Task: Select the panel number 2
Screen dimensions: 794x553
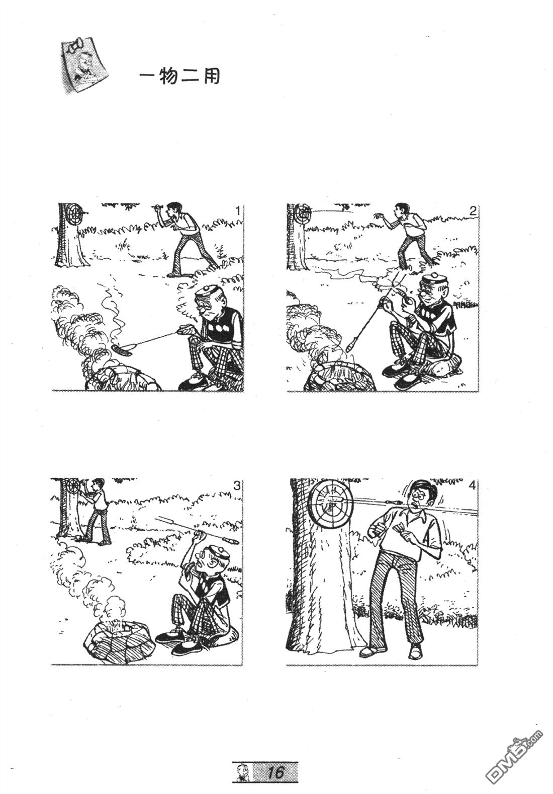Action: point(472,211)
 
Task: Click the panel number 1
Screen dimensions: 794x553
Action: point(238,211)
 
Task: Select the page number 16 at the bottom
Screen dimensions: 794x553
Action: point(276,771)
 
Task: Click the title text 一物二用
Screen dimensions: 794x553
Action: point(179,77)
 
